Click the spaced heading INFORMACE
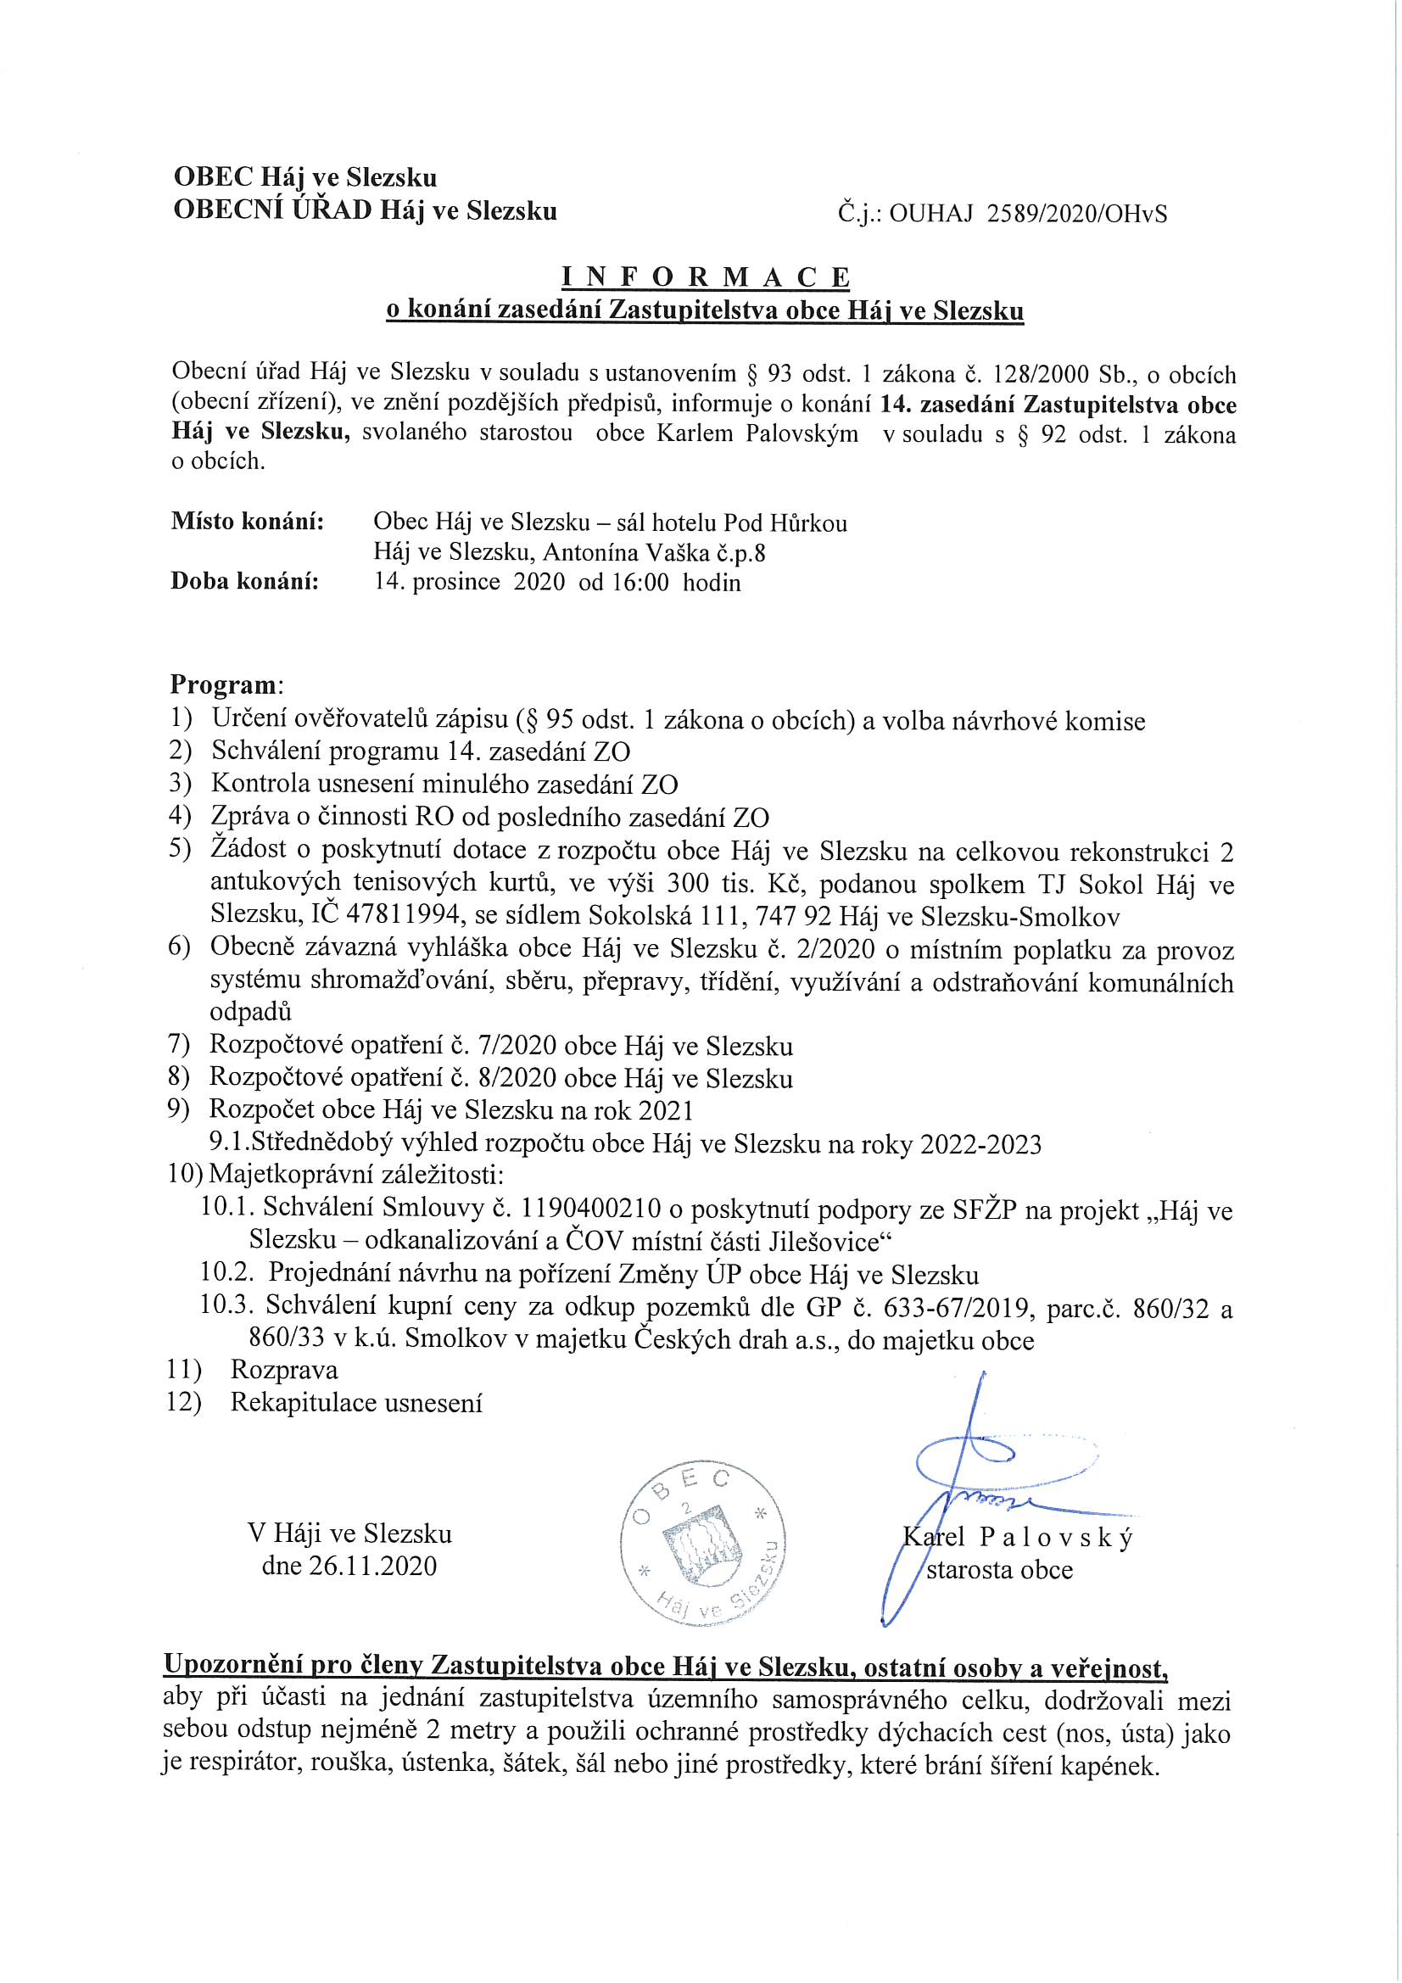706,277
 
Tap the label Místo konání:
247,522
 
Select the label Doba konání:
244,581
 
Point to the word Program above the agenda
222,685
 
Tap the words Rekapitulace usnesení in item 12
356,1403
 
